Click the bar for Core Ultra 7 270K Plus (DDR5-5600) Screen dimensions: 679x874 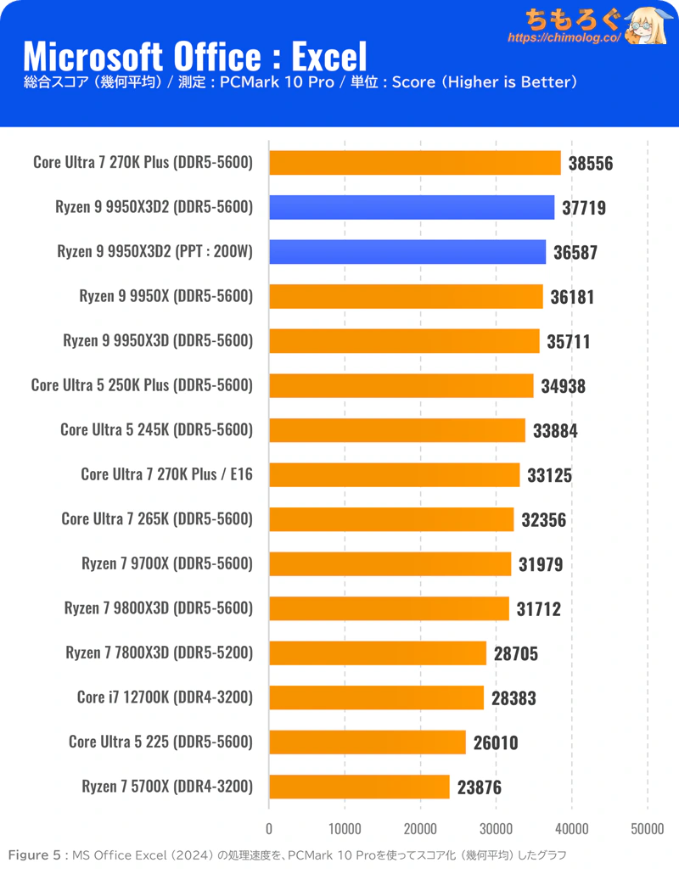click(415, 163)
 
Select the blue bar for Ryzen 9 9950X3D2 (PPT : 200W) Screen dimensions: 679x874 click(407, 252)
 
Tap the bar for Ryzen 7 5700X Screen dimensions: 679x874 click(359, 787)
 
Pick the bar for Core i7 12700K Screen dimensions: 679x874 click(376, 698)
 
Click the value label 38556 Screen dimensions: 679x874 click(591, 163)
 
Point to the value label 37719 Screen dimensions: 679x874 click(584, 208)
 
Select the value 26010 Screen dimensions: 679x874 click(496, 743)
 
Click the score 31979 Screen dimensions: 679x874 click(541, 564)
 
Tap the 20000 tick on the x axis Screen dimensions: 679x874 click(420, 829)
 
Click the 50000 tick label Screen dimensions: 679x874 click(648, 829)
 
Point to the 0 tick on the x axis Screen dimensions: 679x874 click(269, 829)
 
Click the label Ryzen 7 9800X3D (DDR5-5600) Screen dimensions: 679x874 click(159, 608)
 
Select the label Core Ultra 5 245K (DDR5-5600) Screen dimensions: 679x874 click(157, 429)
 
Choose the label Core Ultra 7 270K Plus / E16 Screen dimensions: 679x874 click(166, 474)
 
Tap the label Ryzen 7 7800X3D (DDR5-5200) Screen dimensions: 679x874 click(160, 653)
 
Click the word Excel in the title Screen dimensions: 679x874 click(329, 56)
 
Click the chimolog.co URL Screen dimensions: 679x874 click(564, 38)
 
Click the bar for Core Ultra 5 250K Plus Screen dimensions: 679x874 click(401, 386)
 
